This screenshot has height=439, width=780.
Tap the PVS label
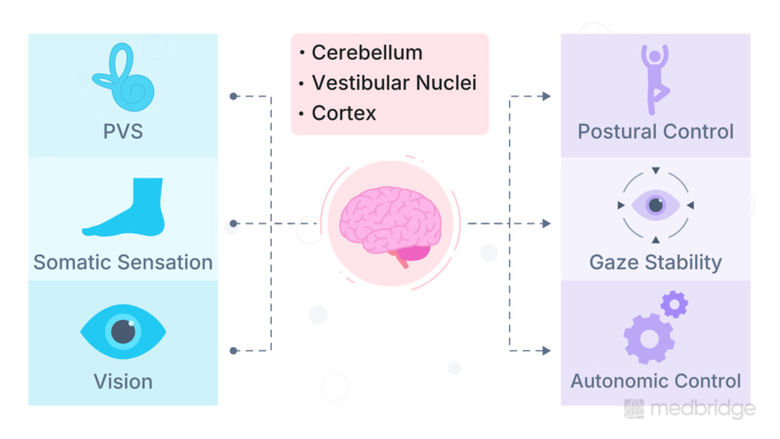click(123, 131)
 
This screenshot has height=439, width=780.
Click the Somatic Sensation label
click(123, 262)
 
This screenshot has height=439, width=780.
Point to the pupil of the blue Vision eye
click(123, 332)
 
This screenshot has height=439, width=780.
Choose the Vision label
click(123, 380)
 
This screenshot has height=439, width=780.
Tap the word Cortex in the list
click(344, 113)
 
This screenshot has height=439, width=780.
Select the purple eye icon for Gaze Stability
click(655, 206)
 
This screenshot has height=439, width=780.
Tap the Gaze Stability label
click(655, 262)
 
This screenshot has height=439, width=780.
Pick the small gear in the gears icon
click(674, 304)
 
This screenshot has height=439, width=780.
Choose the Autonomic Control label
click(655, 381)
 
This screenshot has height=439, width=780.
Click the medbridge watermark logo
click(689, 410)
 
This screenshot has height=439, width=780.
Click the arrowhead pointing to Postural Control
click(546, 97)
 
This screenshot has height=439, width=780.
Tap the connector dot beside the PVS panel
click(233, 97)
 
